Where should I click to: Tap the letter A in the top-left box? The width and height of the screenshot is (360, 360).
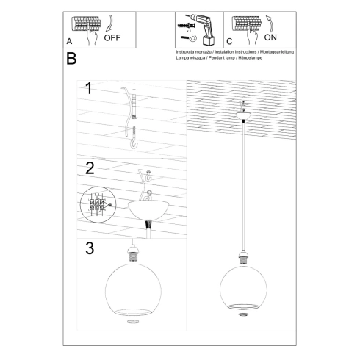[x=69, y=42]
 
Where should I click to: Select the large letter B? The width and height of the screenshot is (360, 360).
[x=71, y=59]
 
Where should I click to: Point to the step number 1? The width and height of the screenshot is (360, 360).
[x=89, y=90]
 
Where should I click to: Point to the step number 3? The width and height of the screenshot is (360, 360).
[x=90, y=248]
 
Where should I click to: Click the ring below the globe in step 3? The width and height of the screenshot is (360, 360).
[x=133, y=321]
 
